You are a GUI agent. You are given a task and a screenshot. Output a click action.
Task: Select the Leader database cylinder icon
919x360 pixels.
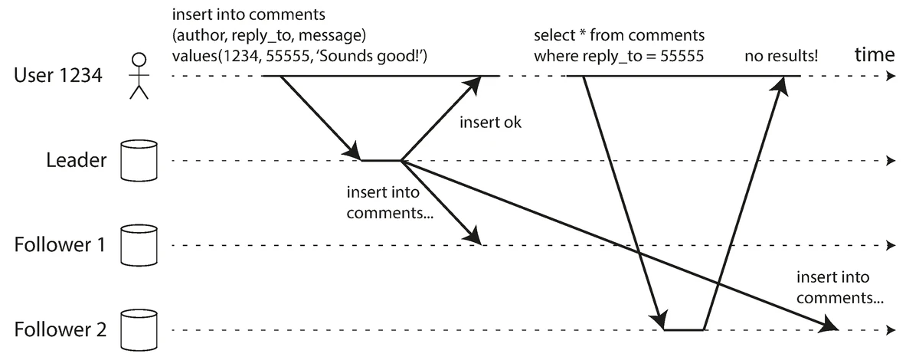pos(139,161)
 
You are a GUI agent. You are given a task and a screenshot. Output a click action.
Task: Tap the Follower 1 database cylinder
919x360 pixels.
pos(139,245)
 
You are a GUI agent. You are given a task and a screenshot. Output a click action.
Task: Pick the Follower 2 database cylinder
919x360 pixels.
pos(139,330)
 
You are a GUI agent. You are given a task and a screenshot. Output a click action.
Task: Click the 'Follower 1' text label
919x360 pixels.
pos(60,246)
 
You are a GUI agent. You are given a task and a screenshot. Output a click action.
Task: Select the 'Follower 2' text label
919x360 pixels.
pos(60,331)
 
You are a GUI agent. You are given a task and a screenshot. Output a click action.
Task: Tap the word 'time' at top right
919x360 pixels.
pos(874,54)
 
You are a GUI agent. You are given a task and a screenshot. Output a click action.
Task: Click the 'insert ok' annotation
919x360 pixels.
pos(490,123)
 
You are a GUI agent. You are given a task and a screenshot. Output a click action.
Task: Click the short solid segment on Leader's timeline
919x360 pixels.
pos(381,161)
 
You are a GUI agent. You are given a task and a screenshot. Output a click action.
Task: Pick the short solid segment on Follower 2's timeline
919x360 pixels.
pos(684,330)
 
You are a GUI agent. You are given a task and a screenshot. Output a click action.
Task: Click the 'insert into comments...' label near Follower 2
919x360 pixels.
pos(840,288)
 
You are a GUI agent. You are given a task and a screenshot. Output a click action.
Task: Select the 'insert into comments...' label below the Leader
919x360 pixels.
pos(390,203)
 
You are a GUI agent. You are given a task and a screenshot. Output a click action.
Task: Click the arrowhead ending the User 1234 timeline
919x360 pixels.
pos(889,77)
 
